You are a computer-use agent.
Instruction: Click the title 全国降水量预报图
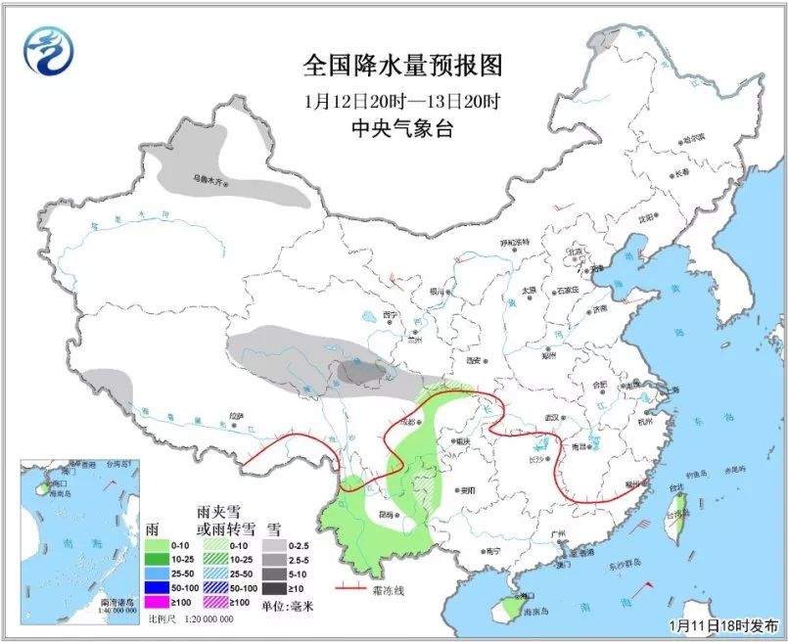click(x=402, y=66)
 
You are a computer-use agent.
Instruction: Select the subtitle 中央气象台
click(x=402, y=128)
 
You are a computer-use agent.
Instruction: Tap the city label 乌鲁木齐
click(x=209, y=180)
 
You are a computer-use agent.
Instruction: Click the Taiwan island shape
click(x=680, y=508)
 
